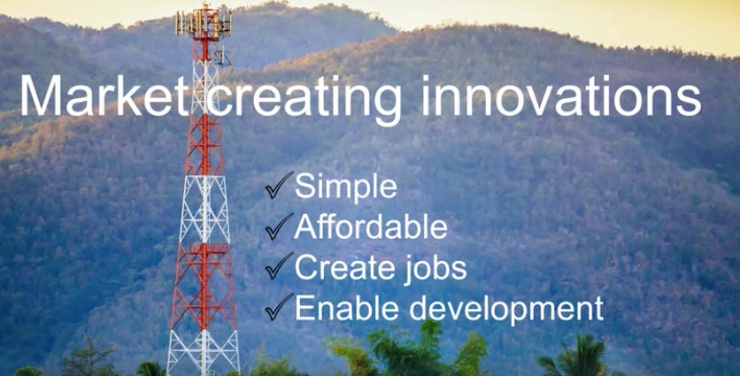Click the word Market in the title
tap(104, 95)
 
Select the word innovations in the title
tap(561, 95)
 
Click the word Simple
tap(345, 187)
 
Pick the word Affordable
tap(371, 226)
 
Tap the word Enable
tap(348, 308)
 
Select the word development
tap(506, 310)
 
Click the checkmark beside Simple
tap(279, 186)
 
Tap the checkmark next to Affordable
tap(279, 226)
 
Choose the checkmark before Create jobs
tap(279, 266)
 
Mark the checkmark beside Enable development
tap(279, 307)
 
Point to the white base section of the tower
tap(204, 351)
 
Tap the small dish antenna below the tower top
tap(224, 57)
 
